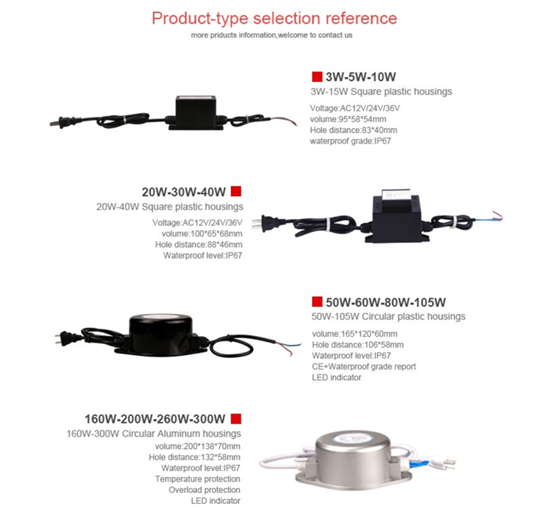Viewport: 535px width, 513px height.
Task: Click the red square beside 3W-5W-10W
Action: pos(317,76)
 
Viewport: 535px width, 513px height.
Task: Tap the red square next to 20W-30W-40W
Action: pos(235,191)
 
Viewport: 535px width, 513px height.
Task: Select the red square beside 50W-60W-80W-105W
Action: pos(317,302)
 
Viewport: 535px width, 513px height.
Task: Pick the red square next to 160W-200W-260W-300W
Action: pos(235,418)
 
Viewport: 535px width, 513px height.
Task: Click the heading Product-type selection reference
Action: pos(274,18)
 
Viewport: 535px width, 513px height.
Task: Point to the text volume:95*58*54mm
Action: pos(348,119)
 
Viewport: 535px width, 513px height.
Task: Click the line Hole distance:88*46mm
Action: pos(199,244)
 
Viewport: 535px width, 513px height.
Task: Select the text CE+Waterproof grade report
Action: pos(364,366)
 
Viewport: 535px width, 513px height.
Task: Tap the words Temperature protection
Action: pos(197,479)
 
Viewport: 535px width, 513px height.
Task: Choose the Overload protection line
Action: pos(204,490)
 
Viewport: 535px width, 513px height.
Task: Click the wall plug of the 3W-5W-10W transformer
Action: pos(57,123)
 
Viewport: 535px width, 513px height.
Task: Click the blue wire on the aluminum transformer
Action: pos(418,463)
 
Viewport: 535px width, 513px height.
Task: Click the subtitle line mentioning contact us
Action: pos(271,35)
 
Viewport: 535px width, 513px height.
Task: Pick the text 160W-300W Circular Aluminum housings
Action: pos(154,434)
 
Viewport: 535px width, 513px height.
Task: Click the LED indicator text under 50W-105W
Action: pos(336,377)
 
